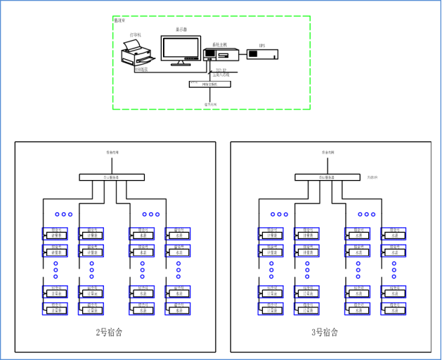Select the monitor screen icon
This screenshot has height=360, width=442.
pos(180,49)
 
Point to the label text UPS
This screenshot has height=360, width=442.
pos(261,45)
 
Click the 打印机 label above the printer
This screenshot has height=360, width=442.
pos(135,34)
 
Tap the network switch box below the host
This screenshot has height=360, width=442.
pos(209,84)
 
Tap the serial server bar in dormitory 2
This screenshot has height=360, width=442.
pos(112,177)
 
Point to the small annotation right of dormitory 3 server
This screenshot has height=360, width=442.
pos(373,177)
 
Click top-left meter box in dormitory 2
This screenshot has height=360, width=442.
pos(55,232)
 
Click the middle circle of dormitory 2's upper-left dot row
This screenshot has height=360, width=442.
pos(63,214)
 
